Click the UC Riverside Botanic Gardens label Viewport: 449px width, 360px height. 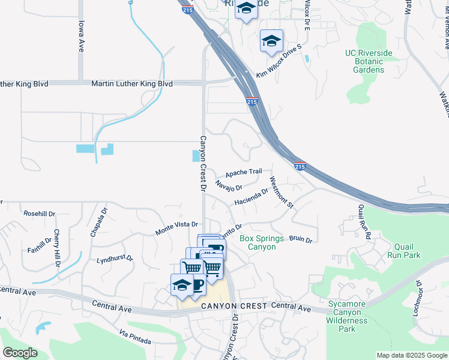pos(369,61)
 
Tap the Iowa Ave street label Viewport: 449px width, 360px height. pos(81,37)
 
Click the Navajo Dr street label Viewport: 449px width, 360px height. pos(228,186)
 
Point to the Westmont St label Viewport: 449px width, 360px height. pos(281,192)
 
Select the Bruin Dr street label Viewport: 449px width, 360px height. pos(301,239)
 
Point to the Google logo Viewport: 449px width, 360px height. pos(20,353)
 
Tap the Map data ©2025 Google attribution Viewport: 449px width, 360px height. pos(412,355)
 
